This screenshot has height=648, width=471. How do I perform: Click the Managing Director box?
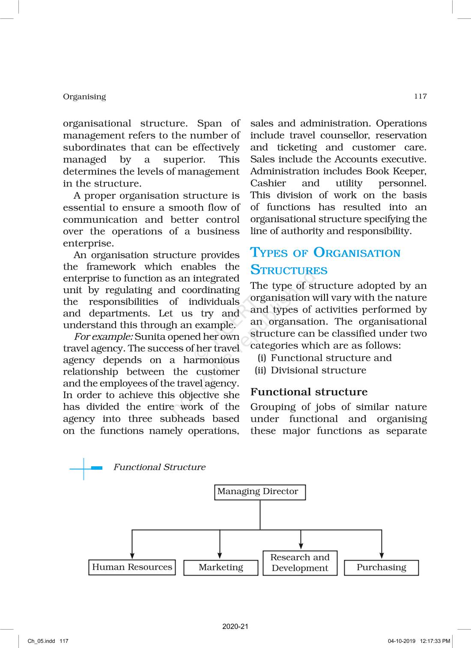pyautogui.click(x=260, y=492)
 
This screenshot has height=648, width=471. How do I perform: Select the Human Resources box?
pyautogui.click(x=132, y=567)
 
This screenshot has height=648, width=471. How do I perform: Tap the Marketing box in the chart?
pyautogui.click(x=221, y=567)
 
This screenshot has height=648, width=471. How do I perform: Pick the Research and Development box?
pyautogui.click(x=300, y=563)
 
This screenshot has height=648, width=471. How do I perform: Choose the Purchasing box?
pyautogui.click(x=381, y=567)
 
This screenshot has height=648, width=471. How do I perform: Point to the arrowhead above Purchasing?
pyautogui.click(x=382, y=555)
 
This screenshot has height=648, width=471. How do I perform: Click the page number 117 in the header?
pyautogui.click(x=420, y=96)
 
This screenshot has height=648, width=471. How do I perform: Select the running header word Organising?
pyautogui.click(x=84, y=96)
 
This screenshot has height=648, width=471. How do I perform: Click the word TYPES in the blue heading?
pyautogui.click(x=269, y=253)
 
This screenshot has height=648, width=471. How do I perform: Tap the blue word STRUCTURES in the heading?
pyautogui.click(x=289, y=270)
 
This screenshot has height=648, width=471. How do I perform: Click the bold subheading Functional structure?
pyautogui.click(x=309, y=392)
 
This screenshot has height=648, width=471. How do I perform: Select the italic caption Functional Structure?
pyautogui.click(x=159, y=467)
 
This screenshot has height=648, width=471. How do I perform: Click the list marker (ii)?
pyautogui.click(x=260, y=370)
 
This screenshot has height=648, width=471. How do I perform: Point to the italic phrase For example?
pyautogui.click(x=103, y=337)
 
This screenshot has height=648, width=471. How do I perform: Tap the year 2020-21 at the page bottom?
pyautogui.click(x=235, y=626)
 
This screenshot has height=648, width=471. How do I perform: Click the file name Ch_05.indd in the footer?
pyautogui.click(x=42, y=641)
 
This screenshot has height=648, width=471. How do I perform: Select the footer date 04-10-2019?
pyautogui.click(x=401, y=641)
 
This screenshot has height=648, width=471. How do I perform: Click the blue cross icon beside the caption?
pyautogui.click(x=84, y=468)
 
